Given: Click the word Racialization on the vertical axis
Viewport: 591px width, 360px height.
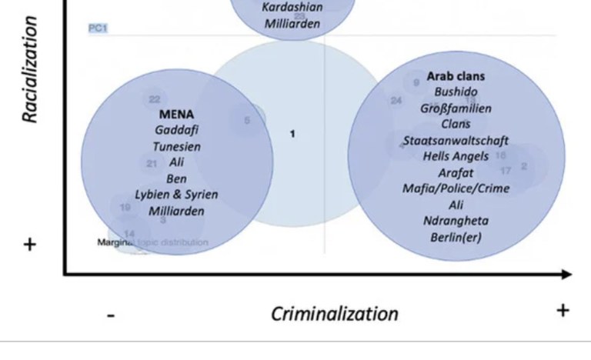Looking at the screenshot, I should tap(30, 70).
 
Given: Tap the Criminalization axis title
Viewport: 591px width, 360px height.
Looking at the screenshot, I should tap(334, 313).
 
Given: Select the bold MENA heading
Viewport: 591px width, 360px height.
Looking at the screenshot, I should tap(176, 115).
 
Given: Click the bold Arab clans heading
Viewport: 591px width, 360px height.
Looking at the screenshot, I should tap(456, 76).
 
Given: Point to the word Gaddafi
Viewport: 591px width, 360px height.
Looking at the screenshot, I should tap(176, 130).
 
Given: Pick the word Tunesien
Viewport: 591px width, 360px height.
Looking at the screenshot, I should tap(176, 146).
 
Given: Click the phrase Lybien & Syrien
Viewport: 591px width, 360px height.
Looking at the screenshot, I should tap(176, 195).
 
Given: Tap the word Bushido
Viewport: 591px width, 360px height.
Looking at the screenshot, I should tap(456, 92).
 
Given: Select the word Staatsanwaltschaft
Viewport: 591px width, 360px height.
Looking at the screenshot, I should tap(456, 141).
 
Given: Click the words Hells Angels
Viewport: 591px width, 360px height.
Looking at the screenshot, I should tap(456, 156).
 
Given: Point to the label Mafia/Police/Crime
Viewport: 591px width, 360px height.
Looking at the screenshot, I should tap(456, 188).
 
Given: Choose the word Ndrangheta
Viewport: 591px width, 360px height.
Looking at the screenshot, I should tap(456, 221).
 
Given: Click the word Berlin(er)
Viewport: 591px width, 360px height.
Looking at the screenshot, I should tap(456, 237).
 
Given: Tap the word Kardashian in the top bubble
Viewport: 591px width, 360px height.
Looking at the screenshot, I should tap(292, 7).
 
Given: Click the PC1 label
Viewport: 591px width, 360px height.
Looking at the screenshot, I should tap(98, 28).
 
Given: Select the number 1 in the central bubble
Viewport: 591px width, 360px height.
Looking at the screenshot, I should tap(292, 134).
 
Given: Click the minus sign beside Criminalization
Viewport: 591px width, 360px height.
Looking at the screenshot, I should tap(112, 315).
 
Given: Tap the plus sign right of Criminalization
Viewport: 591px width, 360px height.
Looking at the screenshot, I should tap(563, 310).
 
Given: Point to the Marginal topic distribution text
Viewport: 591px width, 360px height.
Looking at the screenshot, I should tap(152, 242).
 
